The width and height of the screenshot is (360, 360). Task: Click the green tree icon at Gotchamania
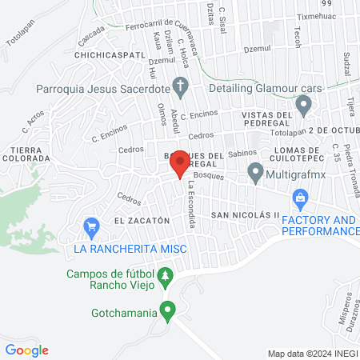click(x=167, y=310)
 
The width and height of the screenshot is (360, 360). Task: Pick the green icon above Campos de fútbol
click(x=165, y=277)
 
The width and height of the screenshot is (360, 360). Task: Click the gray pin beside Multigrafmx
click(x=255, y=171)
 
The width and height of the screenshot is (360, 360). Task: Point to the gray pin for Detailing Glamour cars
click(x=303, y=104)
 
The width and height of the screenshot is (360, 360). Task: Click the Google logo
click(x=27, y=350)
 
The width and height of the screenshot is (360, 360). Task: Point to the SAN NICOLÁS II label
click(x=245, y=215)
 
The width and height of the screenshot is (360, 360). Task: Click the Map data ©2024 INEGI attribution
click(x=312, y=353)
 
